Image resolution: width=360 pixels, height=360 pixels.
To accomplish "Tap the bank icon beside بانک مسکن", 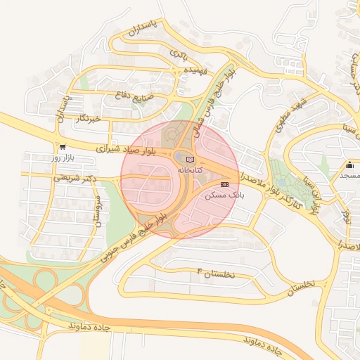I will [224, 184].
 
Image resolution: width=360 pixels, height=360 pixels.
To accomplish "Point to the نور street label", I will [345, 212].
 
